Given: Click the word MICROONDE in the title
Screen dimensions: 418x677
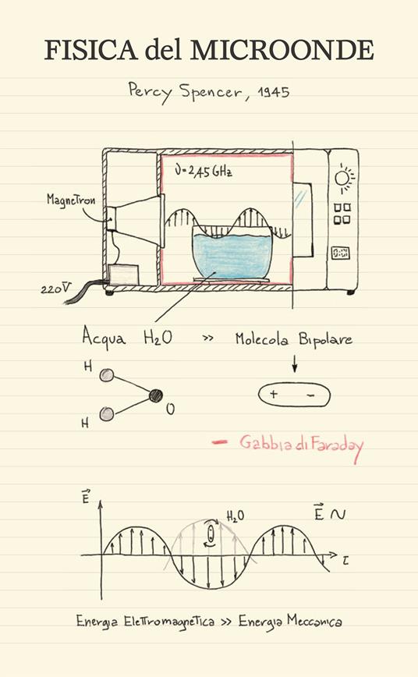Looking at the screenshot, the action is tap(282, 50).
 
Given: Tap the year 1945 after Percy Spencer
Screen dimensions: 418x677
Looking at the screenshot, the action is tap(274, 92).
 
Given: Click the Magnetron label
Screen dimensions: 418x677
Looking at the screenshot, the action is tap(70, 200).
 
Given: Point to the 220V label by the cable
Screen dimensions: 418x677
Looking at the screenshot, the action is tap(55, 289).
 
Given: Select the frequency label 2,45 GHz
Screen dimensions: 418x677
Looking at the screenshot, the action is tap(204, 172).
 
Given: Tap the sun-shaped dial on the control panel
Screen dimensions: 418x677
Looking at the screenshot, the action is tap(344, 178).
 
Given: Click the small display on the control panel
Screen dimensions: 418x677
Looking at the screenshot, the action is tap(341, 253).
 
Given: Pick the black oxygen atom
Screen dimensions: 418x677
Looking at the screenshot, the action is tap(156, 395).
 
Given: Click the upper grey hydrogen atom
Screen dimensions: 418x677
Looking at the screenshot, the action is tap(106, 374).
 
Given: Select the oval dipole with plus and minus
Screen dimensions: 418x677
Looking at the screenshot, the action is tap(294, 395).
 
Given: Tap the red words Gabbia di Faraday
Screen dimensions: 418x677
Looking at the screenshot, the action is tap(301, 445).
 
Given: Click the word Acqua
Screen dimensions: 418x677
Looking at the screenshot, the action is tap(104, 337).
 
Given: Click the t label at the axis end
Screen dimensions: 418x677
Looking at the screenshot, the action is tap(345, 561).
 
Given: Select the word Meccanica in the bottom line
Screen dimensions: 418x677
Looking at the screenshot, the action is tap(315, 622).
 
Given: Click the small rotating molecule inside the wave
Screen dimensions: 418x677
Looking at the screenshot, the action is tap(211, 533).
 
